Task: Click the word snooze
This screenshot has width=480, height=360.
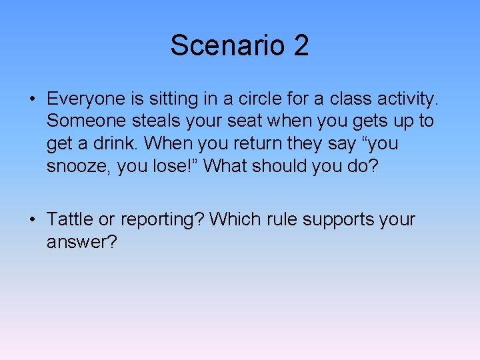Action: (78, 165)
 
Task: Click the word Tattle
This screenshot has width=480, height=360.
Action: (71, 219)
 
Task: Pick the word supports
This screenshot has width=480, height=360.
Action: (333, 219)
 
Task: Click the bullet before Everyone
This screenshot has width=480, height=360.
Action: (32, 100)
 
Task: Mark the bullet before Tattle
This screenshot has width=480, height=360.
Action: (32, 220)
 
